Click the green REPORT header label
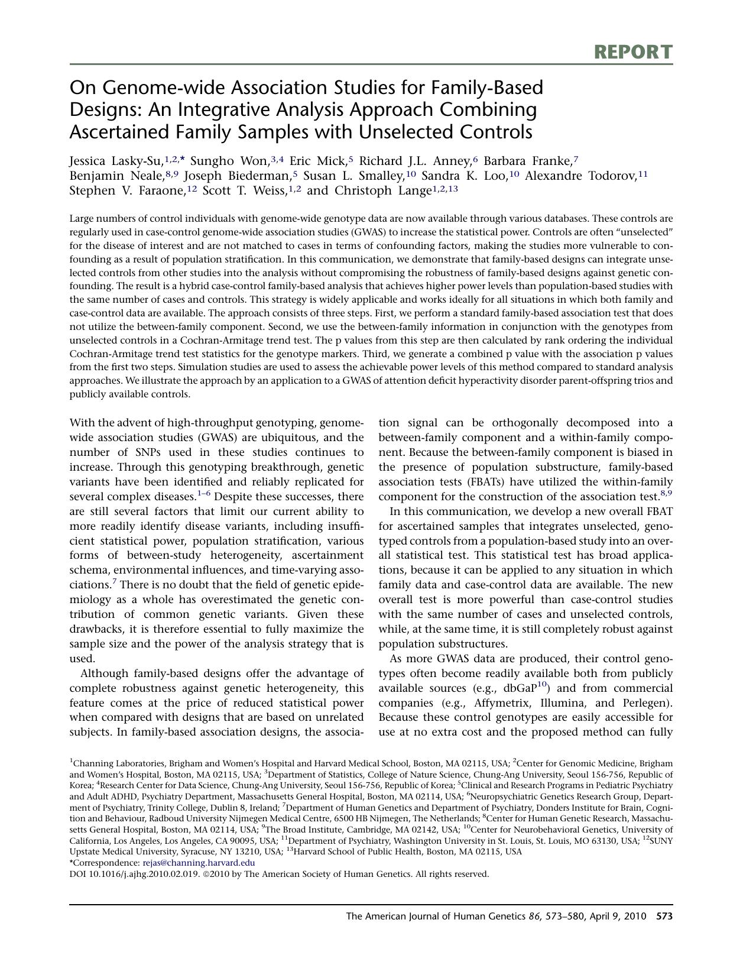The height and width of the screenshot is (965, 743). (x=633, y=52)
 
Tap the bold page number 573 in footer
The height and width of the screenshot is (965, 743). (x=664, y=917)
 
